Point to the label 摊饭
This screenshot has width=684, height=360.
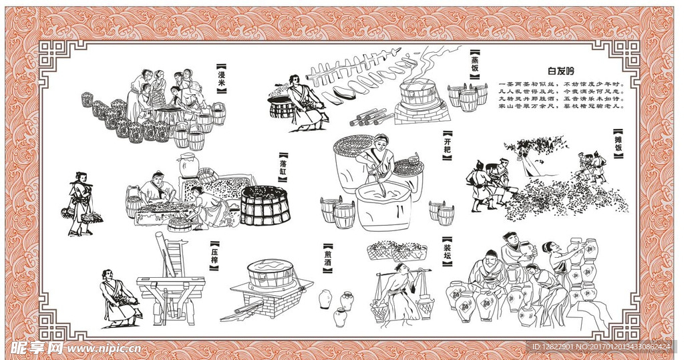click(619, 146)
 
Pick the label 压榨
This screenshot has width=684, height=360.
click(214, 256)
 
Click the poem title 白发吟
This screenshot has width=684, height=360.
click(560, 70)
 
